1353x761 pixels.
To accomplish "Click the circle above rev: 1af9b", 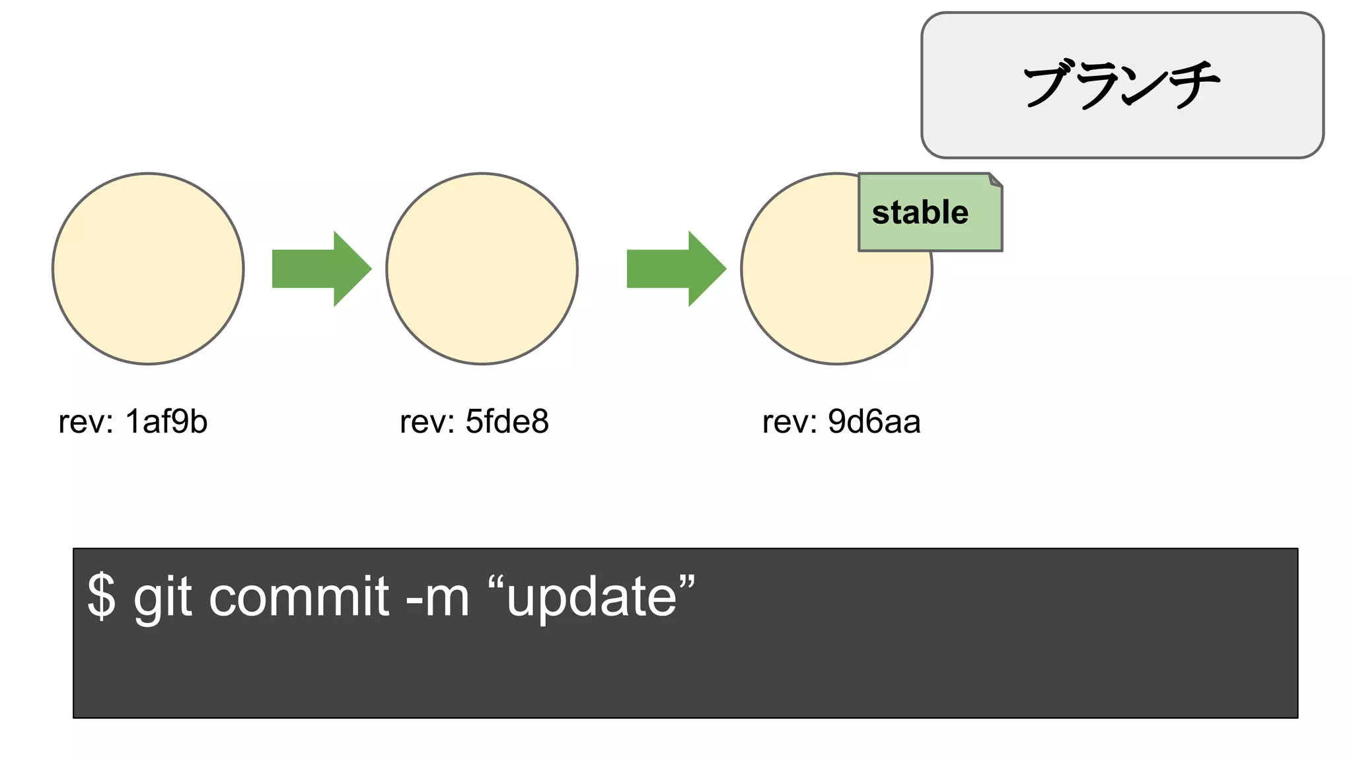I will [148, 269].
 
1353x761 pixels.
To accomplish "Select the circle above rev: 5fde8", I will [482, 269].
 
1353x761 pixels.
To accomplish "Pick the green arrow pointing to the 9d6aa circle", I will [676, 269].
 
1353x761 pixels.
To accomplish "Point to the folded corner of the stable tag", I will [996, 180].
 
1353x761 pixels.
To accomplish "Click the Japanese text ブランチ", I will [1122, 85].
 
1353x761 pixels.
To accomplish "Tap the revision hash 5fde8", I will [507, 421].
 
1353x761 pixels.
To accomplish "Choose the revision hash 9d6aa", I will [873, 421].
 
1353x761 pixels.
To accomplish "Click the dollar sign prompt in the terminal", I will [101, 596].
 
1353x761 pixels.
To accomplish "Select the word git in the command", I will [163, 597].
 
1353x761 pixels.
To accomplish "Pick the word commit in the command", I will [299, 596].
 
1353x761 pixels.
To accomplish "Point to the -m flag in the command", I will [437, 597].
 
